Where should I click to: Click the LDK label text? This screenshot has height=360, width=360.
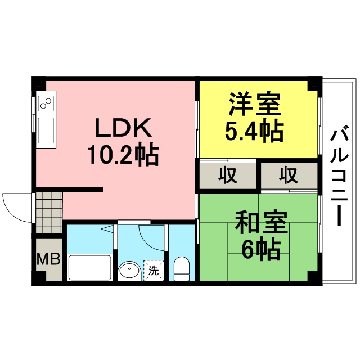(x=123, y=128)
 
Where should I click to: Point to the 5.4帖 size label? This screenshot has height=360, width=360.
(x=254, y=132)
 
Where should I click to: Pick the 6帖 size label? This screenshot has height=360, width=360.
(x=261, y=250)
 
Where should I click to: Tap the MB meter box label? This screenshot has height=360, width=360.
(x=48, y=259)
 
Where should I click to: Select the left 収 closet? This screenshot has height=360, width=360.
(x=227, y=175)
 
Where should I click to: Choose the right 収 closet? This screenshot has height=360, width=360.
(x=289, y=175)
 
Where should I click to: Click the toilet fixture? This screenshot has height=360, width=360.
(x=182, y=268)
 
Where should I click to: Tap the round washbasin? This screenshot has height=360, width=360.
(x=129, y=271)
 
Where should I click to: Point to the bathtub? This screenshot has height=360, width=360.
(x=90, y=267)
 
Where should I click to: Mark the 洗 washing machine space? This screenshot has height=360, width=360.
(x=154, y=271)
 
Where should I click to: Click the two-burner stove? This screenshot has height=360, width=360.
(x=46, y=103)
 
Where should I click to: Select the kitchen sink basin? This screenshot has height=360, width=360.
(x=46, y=130)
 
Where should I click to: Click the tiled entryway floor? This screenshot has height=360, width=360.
(x=49, y=213)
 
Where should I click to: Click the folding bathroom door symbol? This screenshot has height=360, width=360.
(x=107, y=229)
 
